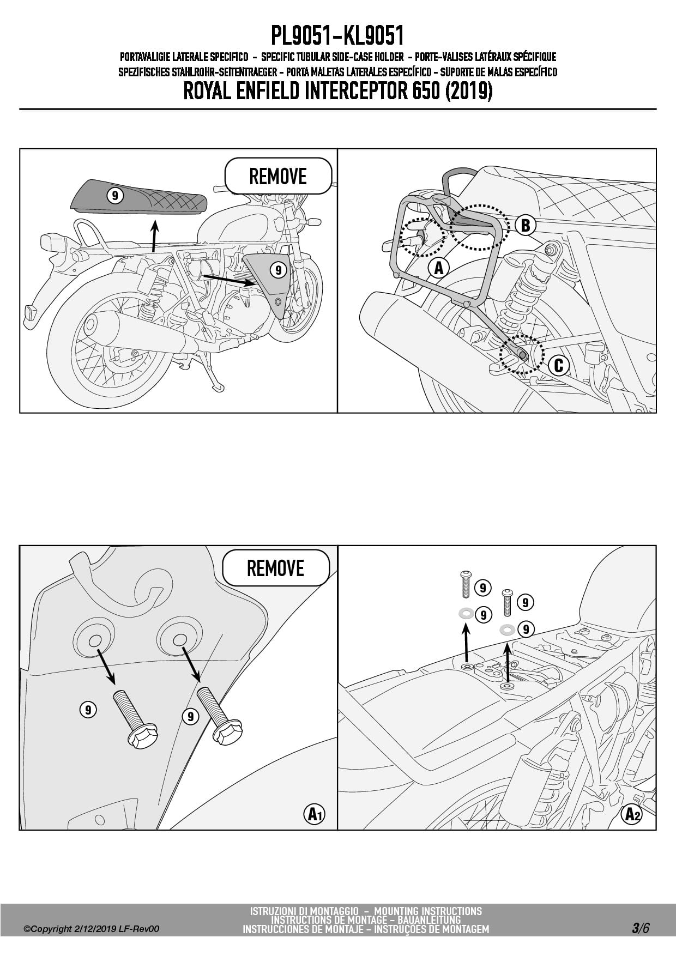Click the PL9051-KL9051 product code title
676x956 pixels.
(x=337, y=37)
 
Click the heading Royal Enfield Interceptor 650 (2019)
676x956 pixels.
(x=337, y=91)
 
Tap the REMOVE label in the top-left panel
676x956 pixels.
(x=278, y=176)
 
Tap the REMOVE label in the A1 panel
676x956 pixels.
(x=276, y=568)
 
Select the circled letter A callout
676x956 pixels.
(x=438, y=268)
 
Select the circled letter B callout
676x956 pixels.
(x=526, y=225)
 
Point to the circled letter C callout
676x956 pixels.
(x=558, y=365)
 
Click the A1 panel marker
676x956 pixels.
(x=314, y=814)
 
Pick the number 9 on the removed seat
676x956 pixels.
(x=115, y=196)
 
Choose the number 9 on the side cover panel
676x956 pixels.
(x=278, y=269)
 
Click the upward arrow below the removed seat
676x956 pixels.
(x=155, y=234)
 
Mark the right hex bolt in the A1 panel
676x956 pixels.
(x=219, y=716)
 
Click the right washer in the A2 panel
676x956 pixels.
(x=507, y=630)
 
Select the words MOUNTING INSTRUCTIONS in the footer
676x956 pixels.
(x=428, y=911)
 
